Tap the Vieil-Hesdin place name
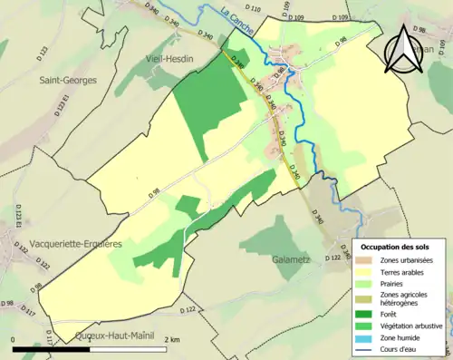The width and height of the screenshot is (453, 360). (172, 59)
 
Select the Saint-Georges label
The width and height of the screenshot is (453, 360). (69, 80)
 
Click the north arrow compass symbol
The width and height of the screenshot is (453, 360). (403, 51)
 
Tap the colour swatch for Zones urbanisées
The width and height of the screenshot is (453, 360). (367, 260)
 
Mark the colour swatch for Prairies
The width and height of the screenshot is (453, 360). (367, 281)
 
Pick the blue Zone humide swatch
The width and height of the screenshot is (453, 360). (367, 335)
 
